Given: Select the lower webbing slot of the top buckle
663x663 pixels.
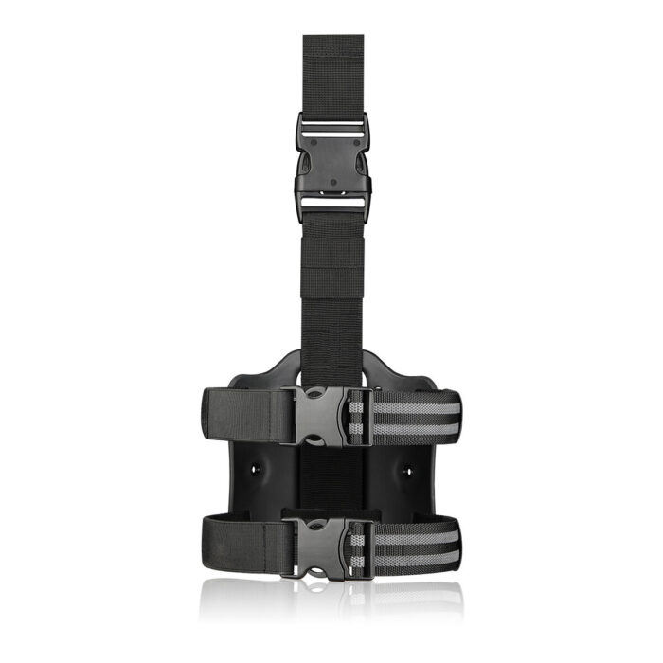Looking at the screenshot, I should (x=332, y=202).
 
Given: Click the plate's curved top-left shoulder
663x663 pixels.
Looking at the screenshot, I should (x=280, y=365).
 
